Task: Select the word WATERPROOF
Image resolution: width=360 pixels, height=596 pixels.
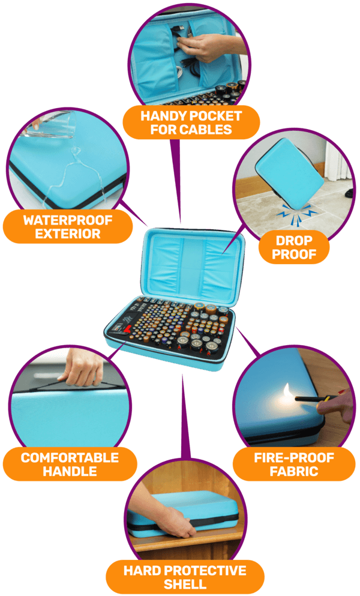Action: (68, 220)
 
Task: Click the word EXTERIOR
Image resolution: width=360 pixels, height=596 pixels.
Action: (68, 233)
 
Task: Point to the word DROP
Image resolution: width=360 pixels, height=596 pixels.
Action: (294, 241)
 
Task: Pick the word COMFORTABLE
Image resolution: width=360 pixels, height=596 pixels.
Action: (70, 457)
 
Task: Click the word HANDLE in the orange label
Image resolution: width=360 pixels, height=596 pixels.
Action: (70, 471)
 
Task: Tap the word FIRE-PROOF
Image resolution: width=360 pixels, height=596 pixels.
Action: (294, 457)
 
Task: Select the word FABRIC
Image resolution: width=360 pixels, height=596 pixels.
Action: (294, 471)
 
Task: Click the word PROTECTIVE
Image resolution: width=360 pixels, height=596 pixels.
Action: (206, 571)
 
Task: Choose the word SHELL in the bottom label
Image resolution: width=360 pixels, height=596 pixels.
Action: (185, 584)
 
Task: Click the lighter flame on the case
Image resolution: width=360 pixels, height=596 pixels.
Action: (287, 393)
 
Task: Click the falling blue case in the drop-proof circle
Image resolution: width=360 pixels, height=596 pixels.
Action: (290, 173)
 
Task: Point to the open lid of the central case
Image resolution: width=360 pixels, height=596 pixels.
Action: (194, 264)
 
